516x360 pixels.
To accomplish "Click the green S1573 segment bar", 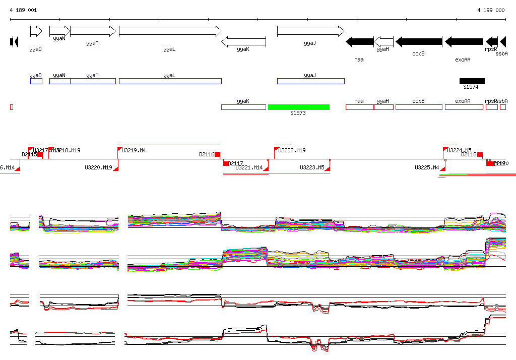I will [298, 107].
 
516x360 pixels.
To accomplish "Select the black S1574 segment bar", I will [472, 81].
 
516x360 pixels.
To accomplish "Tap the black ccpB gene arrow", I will [419, 42].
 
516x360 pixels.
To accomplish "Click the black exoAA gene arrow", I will [464, 42].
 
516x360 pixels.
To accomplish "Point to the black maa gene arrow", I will [359, 42].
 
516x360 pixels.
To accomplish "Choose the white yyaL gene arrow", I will [170, 31].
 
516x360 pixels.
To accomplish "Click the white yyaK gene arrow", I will [243, 42].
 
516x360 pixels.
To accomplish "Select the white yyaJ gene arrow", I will [310, 31].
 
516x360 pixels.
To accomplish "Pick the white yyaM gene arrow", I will [93, 31].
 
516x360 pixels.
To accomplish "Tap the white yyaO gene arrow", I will [36, 31].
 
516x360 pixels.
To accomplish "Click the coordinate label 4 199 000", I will [490, 10].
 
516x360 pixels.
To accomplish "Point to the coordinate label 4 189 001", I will [23, 10].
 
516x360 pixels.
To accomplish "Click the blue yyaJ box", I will [310, 81].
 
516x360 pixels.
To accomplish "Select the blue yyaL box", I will [170, 81].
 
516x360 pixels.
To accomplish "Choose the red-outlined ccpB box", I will [418, 107].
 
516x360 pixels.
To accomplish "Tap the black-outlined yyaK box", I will [243, 107].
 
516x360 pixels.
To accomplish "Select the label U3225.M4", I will [427, 167].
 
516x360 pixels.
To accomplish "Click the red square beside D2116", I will [218, 154].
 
